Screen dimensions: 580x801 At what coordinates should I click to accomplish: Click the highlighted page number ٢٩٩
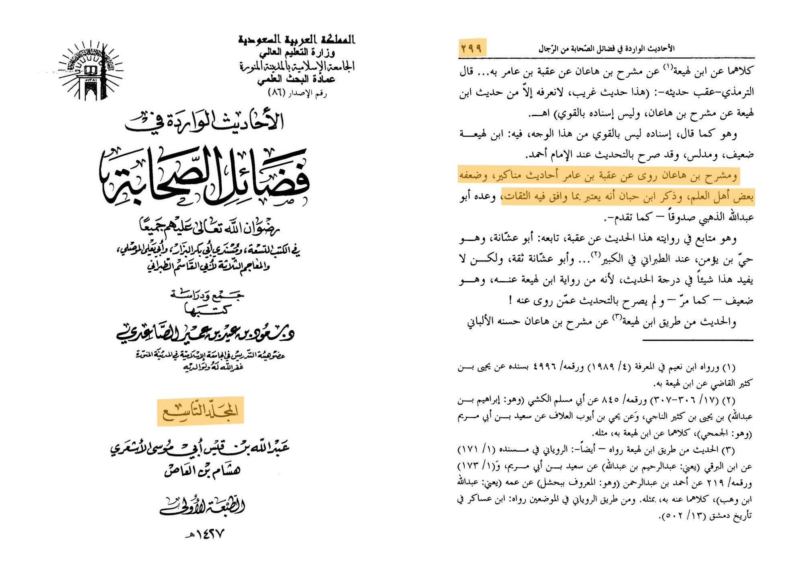click(472, 48)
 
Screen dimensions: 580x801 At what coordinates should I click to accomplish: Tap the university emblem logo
click(91, 71)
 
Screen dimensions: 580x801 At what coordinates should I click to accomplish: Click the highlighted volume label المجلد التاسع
click(200, 411)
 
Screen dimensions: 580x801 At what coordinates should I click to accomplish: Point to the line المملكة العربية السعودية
click(297, 40)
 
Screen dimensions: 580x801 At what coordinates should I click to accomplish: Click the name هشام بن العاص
click(202, 470)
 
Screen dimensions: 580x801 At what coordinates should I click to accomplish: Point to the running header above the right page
click(606, 49)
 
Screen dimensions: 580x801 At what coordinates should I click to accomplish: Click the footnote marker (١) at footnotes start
click(729, 367)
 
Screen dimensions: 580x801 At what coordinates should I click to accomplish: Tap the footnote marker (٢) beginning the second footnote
click(729, 400)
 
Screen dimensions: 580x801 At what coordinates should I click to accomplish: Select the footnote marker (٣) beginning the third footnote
click(729, 450)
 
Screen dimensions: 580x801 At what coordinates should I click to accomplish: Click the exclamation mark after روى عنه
click(510, 300)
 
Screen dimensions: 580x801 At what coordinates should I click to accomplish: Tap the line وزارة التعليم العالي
click(297, 53)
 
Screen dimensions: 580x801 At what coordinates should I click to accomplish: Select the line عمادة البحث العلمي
click(297, 80)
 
